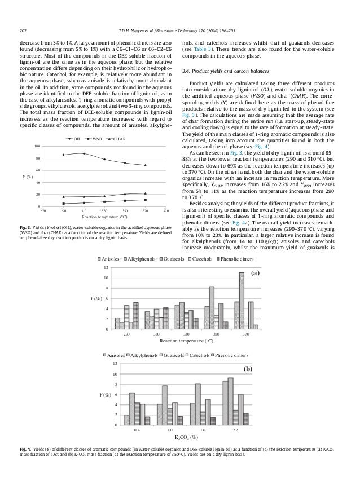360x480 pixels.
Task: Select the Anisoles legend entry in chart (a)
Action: [x=113, y=259]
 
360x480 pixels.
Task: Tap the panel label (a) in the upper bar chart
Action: [x=255, y=273]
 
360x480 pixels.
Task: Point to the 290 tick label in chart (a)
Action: [x=126, y=334]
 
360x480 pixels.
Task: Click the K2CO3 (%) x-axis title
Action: [x=186, y=437]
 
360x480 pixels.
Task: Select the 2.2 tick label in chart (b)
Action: [x=235, y=430]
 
